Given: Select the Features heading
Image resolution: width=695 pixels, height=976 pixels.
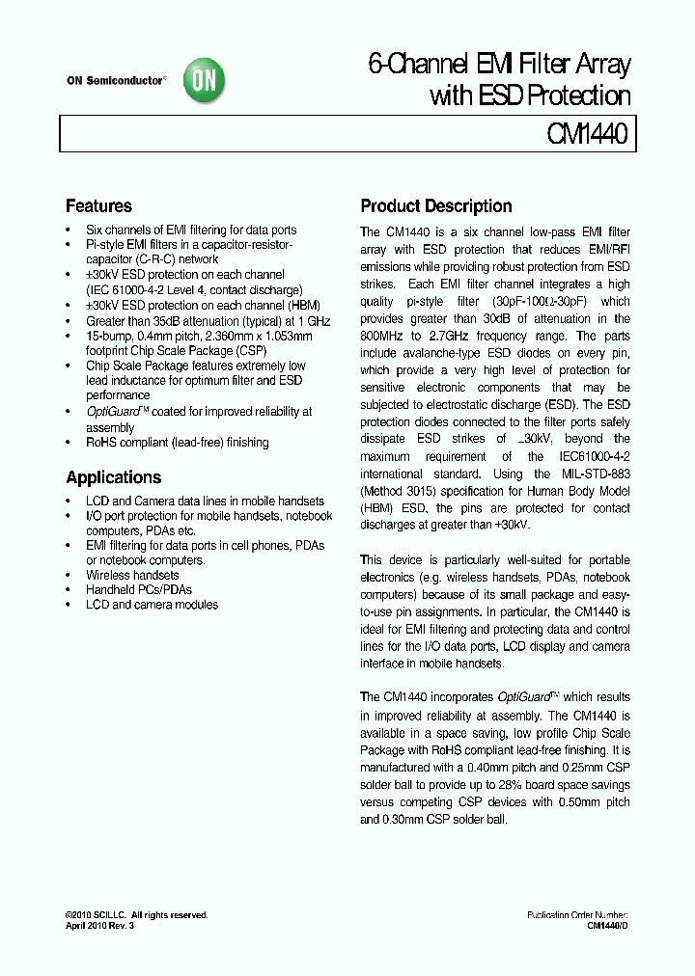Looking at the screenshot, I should click(x=98, y=206).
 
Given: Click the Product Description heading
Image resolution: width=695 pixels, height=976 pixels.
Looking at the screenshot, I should click(x=435, y=206).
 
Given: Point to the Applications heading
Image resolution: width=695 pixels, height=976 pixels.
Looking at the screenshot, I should click(x=113, y=477).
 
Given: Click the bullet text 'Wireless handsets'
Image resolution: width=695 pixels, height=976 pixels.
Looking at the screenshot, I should click(x=132, y=575).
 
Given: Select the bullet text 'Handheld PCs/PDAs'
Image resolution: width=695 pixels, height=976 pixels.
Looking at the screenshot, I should click(x=138, y=589).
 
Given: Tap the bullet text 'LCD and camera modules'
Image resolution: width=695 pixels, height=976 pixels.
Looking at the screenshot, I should click(x=152, y=605).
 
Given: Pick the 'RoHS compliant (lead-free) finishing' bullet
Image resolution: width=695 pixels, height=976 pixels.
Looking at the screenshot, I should click(x=177, y=442).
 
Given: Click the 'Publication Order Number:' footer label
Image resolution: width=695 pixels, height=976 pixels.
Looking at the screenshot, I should click(x=577, y=915).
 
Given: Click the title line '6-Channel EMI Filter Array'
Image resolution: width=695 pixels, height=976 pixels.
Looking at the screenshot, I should click(x=499, y=66).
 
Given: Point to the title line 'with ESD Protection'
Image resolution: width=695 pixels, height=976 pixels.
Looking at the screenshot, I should click(x=529, y=95).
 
